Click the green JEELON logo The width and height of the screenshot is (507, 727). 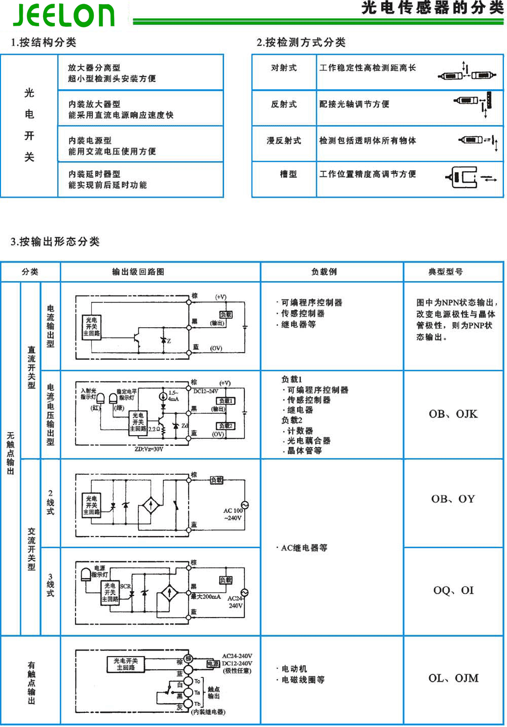pyautogui.click(x=64, y=15)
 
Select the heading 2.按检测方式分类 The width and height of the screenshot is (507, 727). pyautogui.click(x=301, y=42)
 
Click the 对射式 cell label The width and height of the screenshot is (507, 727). pyautogui.click(x=283, y=68)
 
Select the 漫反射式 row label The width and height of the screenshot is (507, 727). pyautogui.click(x=283, y=140)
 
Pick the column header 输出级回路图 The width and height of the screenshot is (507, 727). pyautogui.click(x=138, y=272)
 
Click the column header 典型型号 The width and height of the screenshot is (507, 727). pyautogui.click(x=445, y=272)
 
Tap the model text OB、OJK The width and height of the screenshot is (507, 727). pyautogui.click(x=453, y=414)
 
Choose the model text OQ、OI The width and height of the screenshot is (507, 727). pyautogui.click(x=453, y=590)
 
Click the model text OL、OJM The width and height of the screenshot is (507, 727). pyautogui.click(x=453, y=678)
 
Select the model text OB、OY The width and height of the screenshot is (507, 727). pyautogui.click(x=453, y=499)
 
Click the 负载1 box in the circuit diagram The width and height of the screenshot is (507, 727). pyautogui.click(x=226, y=401)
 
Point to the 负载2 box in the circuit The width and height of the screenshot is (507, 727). pyautogui.click(x=226, y=426)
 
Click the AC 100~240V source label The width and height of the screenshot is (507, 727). pyautogui.click(x=233, y=514)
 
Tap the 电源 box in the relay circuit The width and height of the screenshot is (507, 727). pyautogui.click(x=213, y=663)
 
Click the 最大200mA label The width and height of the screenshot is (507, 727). pyautogui.click(x=206, y=597)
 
